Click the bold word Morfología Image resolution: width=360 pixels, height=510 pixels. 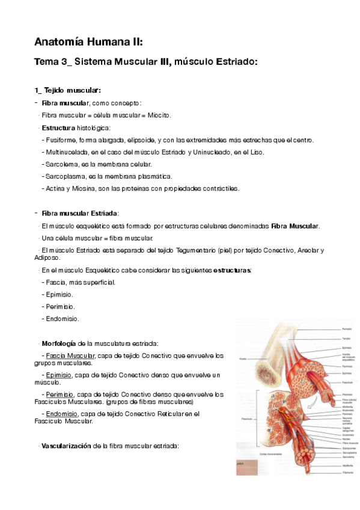58,343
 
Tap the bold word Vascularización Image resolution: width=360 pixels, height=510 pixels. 67,446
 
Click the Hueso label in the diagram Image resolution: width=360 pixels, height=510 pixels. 243,359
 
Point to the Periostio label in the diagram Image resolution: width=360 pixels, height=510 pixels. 347,329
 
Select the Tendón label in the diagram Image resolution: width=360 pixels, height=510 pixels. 346,339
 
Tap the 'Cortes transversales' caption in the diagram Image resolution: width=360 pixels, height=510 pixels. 270,453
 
